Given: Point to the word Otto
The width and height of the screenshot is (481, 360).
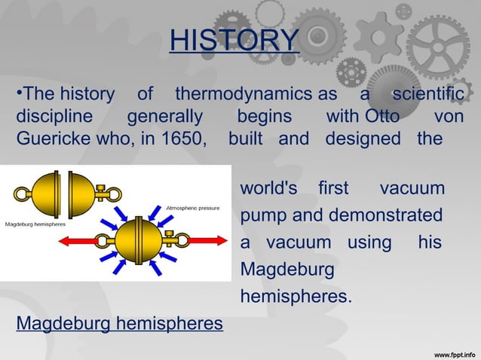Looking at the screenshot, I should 383,117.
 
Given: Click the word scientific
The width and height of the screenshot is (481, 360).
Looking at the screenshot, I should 427,95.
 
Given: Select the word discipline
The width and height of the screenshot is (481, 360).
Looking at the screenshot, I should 54,117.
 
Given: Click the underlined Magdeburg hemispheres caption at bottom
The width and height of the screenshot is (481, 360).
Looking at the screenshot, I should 120,324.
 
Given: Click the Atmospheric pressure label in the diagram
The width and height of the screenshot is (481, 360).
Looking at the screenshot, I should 193,207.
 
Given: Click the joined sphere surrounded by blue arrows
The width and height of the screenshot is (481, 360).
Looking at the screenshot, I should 138,240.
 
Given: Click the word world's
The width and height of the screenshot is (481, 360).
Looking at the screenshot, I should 268,188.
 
